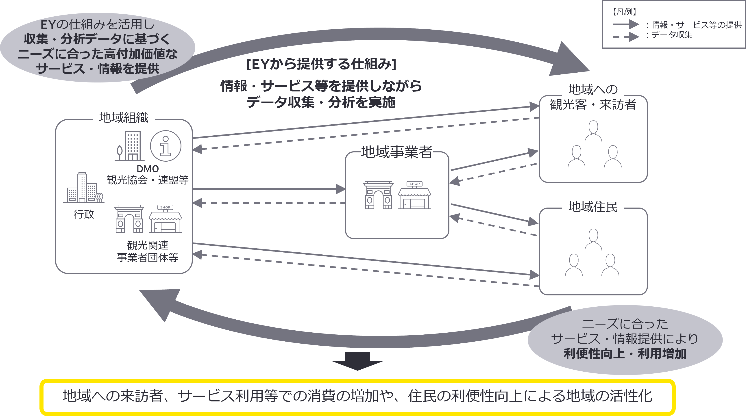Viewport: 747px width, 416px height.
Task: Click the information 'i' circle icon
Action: pyautogui.click(x=166, y=146)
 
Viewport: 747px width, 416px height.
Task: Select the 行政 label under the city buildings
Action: pyautogui.click(x=84, y=214)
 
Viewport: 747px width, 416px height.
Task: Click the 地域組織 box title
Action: pyautogui.click(x=124, y=117)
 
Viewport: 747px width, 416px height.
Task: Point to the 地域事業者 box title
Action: pyautogui.click(x=396, y=152)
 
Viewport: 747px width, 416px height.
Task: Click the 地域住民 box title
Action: pyautogui.click(x=593, y=206)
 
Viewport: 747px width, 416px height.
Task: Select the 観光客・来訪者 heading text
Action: pyautogui.click(x=593, y=104)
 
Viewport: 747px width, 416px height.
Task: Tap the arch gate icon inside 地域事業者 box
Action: pyautogui.click(x=378, y=195)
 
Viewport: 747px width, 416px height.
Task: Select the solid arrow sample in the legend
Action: pyautogui.click(x=626, y=25)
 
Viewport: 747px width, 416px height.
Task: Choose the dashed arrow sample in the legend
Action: pyautogui.click(x=626, y=37)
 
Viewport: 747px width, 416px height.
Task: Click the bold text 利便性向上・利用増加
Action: pyautogui.click(x=625, y=354)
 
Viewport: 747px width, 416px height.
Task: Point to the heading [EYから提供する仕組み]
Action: pyautogui.click(x=321, y=64)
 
